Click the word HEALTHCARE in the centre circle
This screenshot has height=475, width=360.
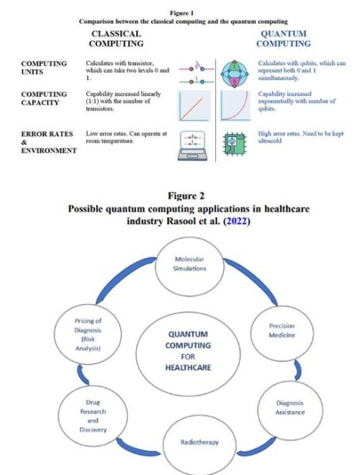(x=189, y=367)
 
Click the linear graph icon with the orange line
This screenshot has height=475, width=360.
(x=195, y=105)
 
